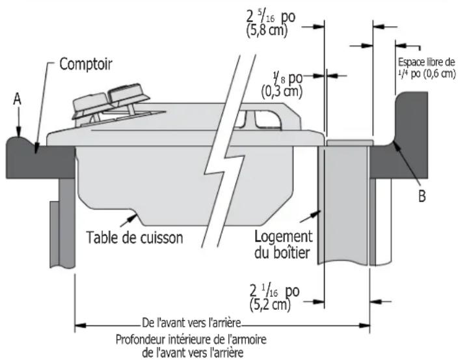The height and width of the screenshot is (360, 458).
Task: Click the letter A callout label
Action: coord(18,100)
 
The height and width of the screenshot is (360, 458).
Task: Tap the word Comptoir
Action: coord(86,64)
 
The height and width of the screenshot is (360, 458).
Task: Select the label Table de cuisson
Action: coord(135,237)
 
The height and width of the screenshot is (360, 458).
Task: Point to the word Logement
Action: coord(284,236)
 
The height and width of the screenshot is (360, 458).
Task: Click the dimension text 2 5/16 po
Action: coord(271,18)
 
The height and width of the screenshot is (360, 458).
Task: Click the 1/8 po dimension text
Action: coord(288,78)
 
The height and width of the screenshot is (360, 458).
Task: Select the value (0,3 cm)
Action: coord(282,91)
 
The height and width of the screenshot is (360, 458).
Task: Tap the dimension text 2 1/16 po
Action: coord(275,291)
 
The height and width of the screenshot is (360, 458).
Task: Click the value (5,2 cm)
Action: coord(271,305)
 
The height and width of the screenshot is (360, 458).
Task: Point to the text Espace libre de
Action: coord(427,62)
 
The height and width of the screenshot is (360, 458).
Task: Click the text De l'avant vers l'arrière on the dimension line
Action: coord(192,323)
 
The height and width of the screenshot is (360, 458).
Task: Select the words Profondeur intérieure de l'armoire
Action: coord(191,340)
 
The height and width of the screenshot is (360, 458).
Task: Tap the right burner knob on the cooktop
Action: coord(129,94)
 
